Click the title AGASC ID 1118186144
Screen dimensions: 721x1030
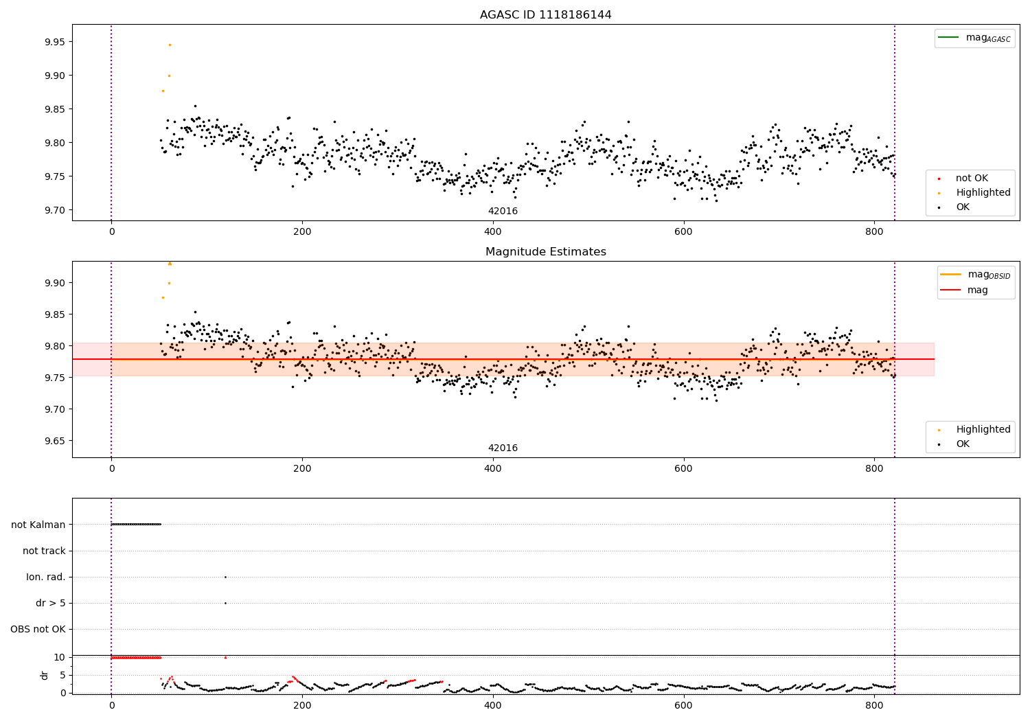pyautogui.click(x=545, y=15)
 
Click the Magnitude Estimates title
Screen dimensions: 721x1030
pyautogui.click(x=545, y=252)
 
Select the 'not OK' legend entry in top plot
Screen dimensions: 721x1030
pyautogui.click(x=972, y=179)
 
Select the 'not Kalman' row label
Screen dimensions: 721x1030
pyautogui.click(x=38, y=525)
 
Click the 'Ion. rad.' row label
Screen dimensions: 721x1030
pyautogui.click(x=46, y=577)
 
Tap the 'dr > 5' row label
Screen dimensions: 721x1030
pyautogui.click(x=51, y=603)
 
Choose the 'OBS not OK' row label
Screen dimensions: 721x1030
pyautogui.click(x=38, y=629)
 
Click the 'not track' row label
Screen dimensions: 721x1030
pyautogui.click(x=44, y=551)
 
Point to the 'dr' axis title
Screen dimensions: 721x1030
pyautogui.click(x=45, y=675)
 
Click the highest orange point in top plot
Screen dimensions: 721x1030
pyautogui.click(x=170, y=45)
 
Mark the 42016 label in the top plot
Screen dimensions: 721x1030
pyautogui.click(x=503, y=211)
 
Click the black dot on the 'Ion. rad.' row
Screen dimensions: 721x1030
pyautogui.click(x=225, y=577)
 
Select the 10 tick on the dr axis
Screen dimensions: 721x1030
pyautogui.click(x=59, y=657)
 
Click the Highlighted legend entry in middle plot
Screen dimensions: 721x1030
pyautogui.click(x=983, y=430)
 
